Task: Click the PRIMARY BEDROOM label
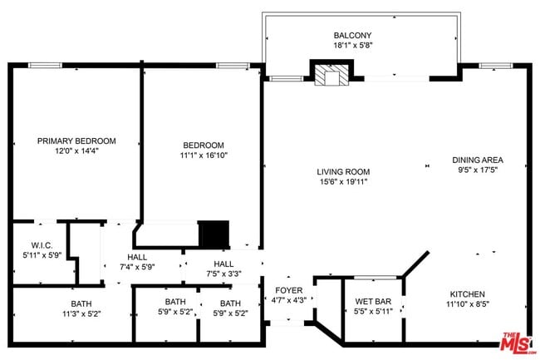click(76, 141)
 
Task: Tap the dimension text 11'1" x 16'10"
click(204, 155)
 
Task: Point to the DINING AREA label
click(477, 160)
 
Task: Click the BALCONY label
click(353, 35)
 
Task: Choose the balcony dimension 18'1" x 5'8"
click(353, 47)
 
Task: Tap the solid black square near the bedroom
click(214, 234)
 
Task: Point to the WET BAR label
click(372, 301)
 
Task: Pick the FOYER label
click(290, 290)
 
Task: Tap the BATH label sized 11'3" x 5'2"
click(81, 303)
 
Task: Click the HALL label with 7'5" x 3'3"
click(223, 263)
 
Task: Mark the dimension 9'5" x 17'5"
click(477, 171)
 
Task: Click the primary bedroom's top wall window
click(52, 65)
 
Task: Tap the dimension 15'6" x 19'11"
click(342, 182)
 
